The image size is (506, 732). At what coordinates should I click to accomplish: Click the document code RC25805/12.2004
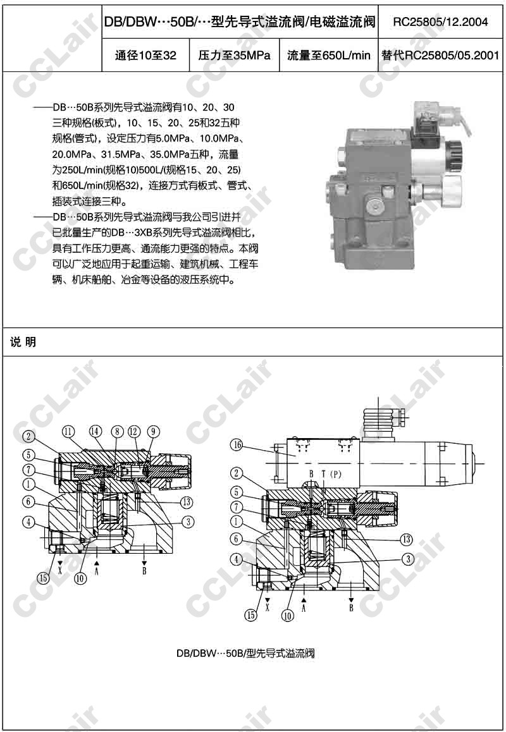[440, 22]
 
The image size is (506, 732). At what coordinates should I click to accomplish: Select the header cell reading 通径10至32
[145, 56]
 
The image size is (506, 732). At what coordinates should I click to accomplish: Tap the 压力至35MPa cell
[234, 56]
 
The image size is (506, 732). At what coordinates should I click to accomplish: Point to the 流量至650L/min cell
[328, 56]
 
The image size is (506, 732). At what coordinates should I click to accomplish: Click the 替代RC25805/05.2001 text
[440, 56]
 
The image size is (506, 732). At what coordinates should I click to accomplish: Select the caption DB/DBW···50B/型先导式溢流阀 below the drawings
[245, 653]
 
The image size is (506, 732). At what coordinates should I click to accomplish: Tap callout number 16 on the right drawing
[237, 444]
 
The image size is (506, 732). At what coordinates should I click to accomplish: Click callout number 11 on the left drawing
[68, 431]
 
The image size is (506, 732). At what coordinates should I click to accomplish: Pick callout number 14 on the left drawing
[96, 431]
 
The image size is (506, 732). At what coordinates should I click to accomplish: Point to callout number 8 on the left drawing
[117, 431]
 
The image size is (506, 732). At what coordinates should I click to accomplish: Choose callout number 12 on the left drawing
[133, 431]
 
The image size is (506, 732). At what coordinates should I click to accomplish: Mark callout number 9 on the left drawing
[153, 431]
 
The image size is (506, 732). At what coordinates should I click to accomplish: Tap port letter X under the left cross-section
[60, 570]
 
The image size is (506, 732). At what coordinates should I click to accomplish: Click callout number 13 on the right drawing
[407, 540]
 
